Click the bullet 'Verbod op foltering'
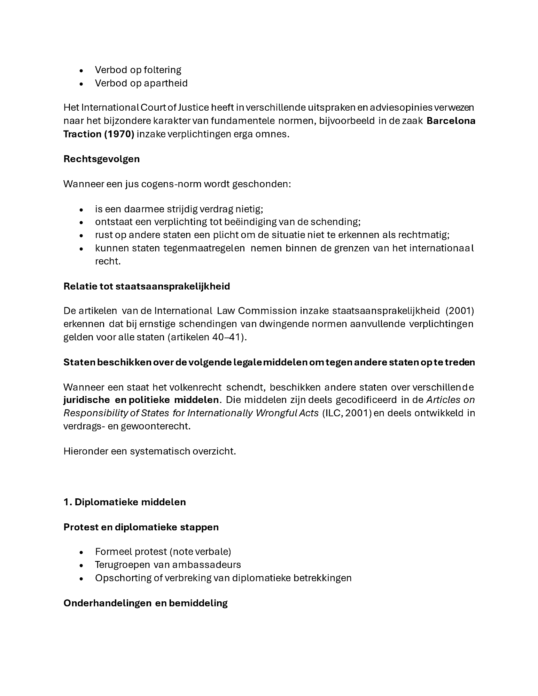(138, 70)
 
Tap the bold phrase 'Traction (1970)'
(99, 134)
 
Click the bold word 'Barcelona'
(451, 121)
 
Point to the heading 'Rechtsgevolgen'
(101, 159)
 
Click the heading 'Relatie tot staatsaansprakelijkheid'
(147, 286)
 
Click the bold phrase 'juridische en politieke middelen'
(141, 400)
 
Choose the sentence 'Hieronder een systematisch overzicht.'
(150, 451)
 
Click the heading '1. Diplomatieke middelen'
(125, 502)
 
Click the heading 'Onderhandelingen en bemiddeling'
(146, 603)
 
